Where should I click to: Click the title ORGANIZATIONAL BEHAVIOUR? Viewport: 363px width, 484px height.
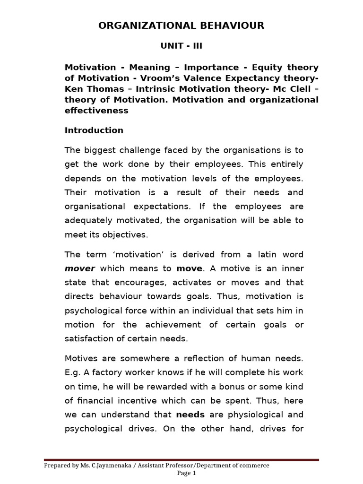[x=181, y=26]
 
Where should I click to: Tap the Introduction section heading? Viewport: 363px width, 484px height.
[x=94, y=130]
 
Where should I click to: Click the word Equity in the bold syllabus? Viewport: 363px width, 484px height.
[x=266, y=68]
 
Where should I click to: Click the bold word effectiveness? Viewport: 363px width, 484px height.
[x=96, y=111]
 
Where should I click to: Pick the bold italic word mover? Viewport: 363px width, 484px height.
[x=80, y=268]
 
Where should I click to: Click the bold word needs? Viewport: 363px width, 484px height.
[x=190, y=415]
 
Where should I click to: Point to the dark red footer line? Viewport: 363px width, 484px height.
[x=181, y=459]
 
